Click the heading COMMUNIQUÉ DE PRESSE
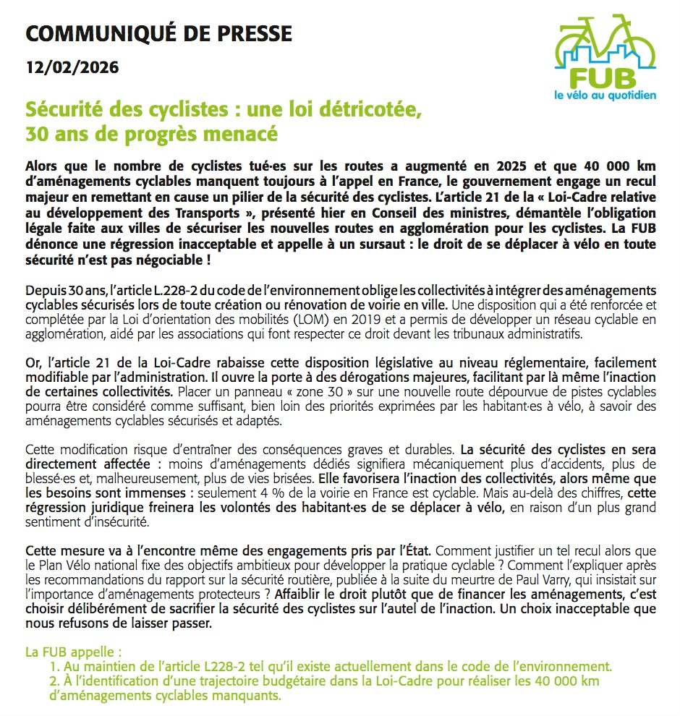[158, 33]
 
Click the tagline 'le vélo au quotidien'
[603, 95]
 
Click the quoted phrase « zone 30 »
[325, 392]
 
